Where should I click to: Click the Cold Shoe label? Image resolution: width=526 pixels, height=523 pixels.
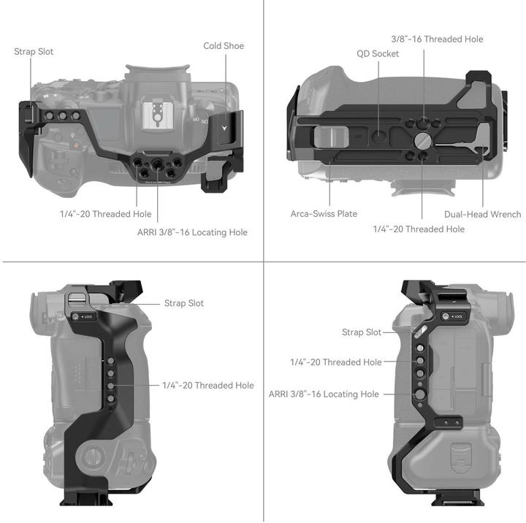224,46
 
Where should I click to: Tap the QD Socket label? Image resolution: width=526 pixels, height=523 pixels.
378,53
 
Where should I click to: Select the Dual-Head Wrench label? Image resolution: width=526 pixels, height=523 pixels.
482,214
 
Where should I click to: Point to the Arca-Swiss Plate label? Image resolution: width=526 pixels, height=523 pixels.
324,214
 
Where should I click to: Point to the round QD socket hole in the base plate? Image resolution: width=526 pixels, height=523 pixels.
378,135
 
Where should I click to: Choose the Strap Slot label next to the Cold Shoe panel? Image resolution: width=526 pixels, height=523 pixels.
34,52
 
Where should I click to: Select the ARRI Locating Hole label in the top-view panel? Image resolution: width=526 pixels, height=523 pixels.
192,232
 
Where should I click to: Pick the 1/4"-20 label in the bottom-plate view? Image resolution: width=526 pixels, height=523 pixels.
419,229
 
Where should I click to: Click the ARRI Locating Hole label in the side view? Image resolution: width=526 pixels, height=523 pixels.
324,394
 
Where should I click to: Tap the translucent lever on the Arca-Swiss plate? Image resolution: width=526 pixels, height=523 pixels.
328,137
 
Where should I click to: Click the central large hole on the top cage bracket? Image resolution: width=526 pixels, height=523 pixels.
155,165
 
